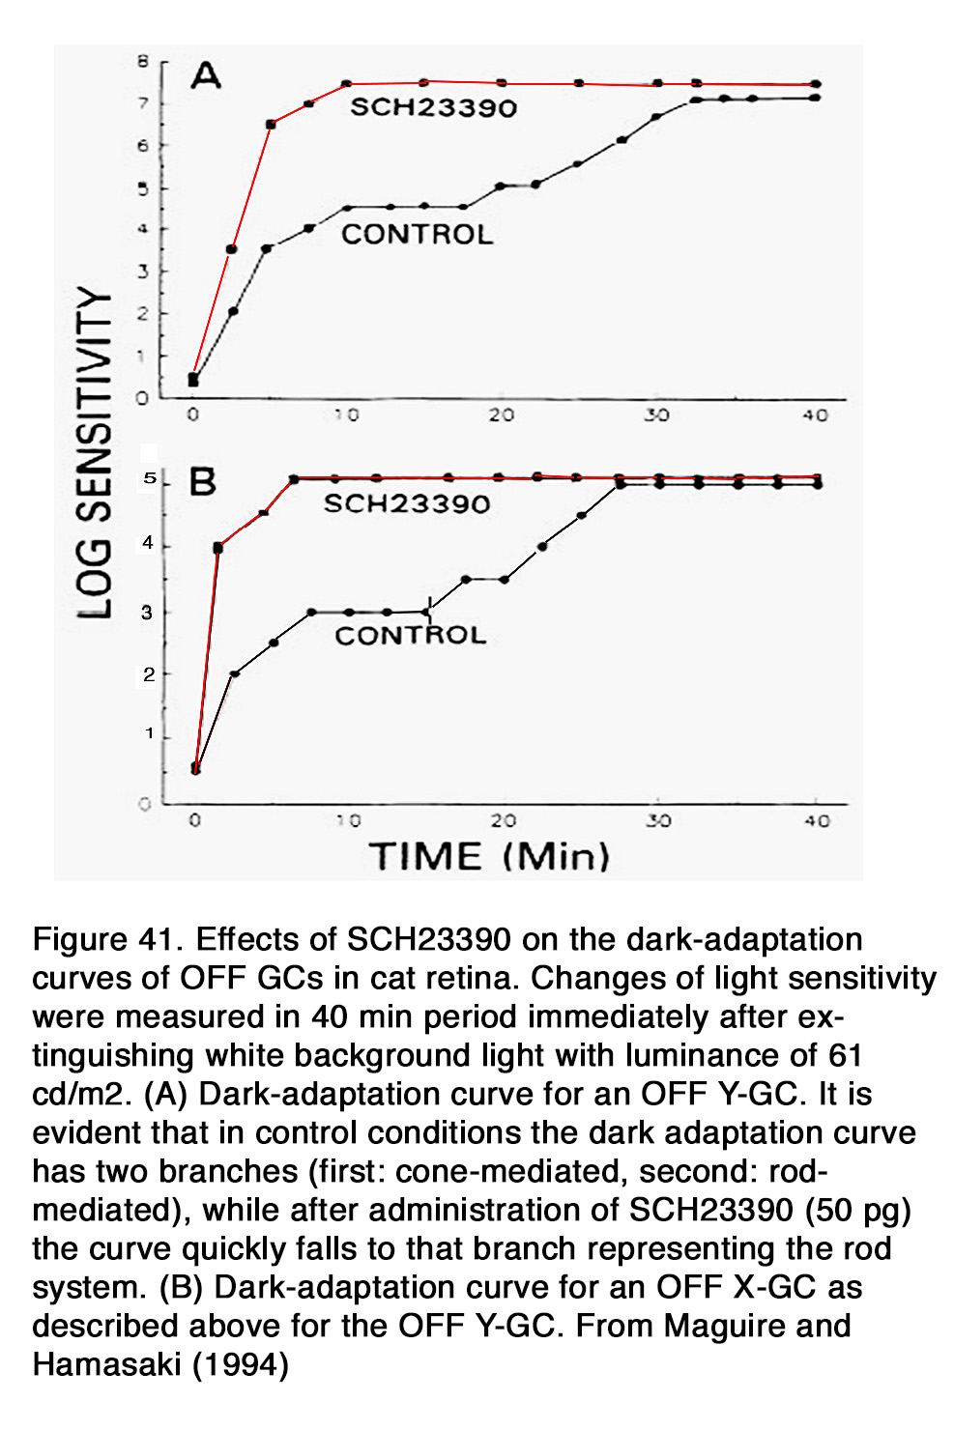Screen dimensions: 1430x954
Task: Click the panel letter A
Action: pyautogui.click(x=205, y=75)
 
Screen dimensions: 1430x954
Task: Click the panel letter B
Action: pyautogui.click(x=202, y=481)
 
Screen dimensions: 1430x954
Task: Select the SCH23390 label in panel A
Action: pyautogui.click(x=433, y=107)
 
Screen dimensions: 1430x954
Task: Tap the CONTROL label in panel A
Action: pyautogui.click(x=417, y=235)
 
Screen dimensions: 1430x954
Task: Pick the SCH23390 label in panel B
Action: pyautogui.click(x=406, y=503)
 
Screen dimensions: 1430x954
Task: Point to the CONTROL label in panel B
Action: pyautogui.click(x=410, y=635)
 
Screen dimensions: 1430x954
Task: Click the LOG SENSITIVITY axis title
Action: pyautogui.click(x=95, y=452)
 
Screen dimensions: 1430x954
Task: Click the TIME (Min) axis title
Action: pyautogui.click(x=489, y=857)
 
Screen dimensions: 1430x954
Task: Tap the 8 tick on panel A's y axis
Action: pyautogui.click(x=143, y=62)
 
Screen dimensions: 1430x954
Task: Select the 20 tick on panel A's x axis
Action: pyautogui.click(x=501, y=415)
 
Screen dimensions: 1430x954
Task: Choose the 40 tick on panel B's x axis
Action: pyautogui.click(x=817, y=821)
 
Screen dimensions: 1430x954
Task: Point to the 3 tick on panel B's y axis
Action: pyautogui.click(x=147, y=613)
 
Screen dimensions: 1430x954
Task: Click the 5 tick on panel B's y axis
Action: pyautogui.click(x=150, y=478)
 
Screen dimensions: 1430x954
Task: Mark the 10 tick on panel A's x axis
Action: pyautogui.click(x=346, y=415)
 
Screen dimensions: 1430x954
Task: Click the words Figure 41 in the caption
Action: pyautogui.click(x=106, y=939)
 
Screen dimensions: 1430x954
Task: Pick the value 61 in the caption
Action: pyautogui.click(x=845, y=1055)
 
